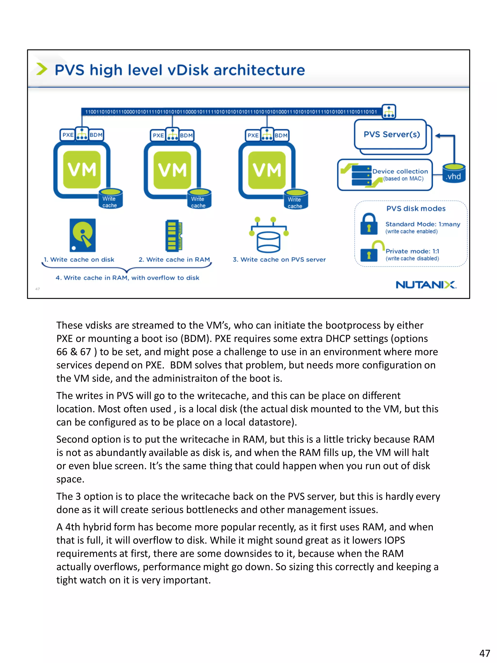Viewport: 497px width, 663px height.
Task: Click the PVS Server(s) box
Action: pyautogui.click(x=391, y=134)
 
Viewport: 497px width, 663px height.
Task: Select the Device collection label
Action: pyautogui.click(x=400, y=171)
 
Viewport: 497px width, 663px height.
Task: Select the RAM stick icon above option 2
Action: pyautogui.click(x=174, y=235)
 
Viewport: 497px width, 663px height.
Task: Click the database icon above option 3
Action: pyautogui.click(x=268, y=235)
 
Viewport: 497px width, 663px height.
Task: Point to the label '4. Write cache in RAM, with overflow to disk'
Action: pyautogui.click(x=127, y=278)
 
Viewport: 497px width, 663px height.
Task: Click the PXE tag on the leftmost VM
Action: pyautogui.click(x=68, y=135)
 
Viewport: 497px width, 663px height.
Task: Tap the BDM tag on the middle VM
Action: pyautogui.click(x=186, y=135)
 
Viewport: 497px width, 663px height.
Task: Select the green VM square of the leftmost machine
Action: pyautogui.click(x=82, y=170)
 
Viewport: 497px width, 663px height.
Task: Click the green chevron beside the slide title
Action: pyautogui.click(x=42, y=69)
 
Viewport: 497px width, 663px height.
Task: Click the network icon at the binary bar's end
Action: pyautogui.click(x=389, y=111)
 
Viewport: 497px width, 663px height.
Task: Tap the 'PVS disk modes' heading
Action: pyautogui.click(x=415, y=209)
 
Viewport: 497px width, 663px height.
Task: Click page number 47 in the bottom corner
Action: pyautogui.click(x=484, y=653)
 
